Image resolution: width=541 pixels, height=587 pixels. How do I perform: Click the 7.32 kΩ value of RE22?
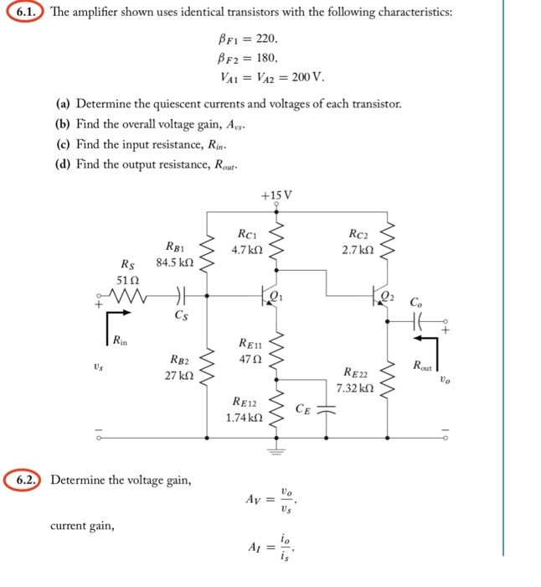tap(353, 388)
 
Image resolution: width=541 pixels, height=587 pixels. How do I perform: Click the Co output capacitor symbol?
tap(417, 319)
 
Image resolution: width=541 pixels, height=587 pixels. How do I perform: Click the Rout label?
tap(423, 366)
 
